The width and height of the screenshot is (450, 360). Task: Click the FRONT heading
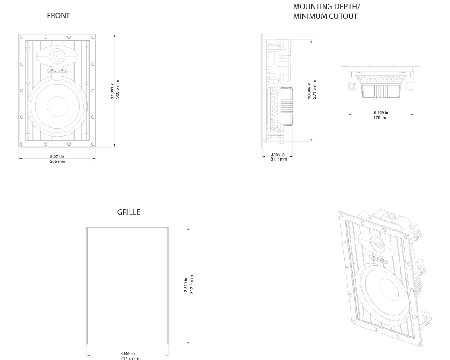pos(58,16)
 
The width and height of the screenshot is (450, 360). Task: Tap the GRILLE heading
pos(129,212)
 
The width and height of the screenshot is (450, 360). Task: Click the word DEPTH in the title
pos(344,7)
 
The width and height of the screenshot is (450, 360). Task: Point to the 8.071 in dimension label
pos(57,157)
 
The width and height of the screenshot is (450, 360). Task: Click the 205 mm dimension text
pos(57,161)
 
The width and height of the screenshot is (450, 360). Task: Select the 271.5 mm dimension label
pos(314,90)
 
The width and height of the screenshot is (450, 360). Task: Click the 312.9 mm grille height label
pos(192,284)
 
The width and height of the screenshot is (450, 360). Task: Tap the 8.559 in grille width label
pos(127,354)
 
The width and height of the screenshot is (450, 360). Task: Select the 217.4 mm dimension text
pos(127,358)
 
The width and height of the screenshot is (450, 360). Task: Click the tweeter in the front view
pos(57,56)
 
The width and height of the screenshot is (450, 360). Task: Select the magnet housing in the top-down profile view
pos(381,92)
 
